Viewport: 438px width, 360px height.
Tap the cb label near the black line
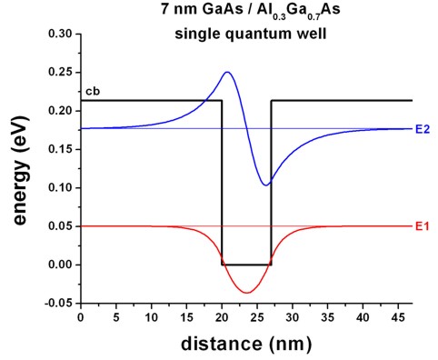tap(91, 92)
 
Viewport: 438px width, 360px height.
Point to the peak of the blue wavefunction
tap(226, 73)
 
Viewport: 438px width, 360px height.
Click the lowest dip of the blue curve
tap(264, 185)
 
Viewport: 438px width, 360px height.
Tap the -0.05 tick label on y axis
tap(58, 304)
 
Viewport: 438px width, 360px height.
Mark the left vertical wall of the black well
tap(222, 182)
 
